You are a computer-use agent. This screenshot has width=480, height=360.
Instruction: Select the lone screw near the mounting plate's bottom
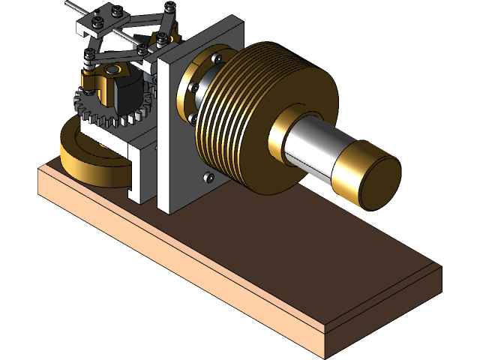coord(208,178)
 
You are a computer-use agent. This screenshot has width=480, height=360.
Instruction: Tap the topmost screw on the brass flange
coord(217,56)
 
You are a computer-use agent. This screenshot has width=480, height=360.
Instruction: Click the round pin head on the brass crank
coord(112,70)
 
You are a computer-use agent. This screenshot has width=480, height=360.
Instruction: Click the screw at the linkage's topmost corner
coord(170,7)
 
